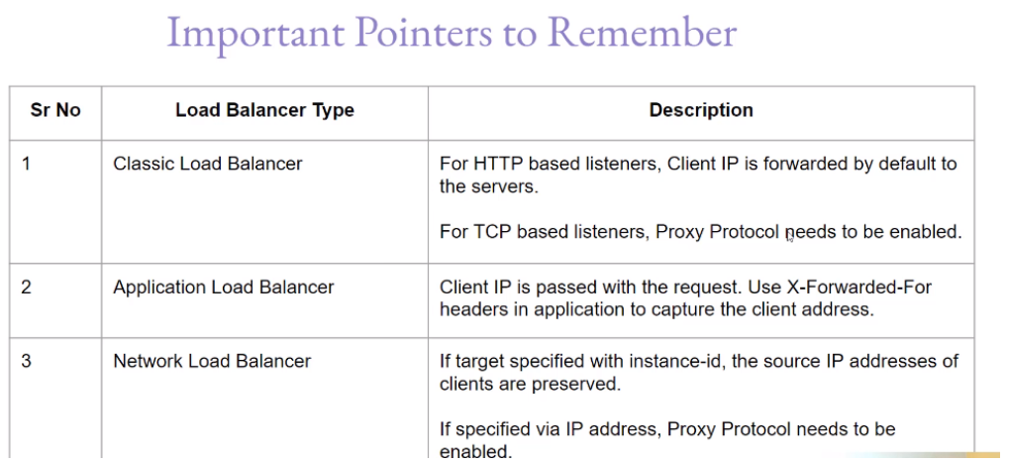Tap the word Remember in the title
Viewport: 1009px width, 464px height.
tap(642, 33)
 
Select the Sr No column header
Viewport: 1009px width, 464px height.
tap(55, 110)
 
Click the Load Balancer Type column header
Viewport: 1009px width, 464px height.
tap(264, 110)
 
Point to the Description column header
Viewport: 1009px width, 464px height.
tap(701, 110)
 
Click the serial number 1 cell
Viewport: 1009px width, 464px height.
tap(27, 164)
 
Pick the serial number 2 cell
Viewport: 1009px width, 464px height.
tap(27, 288)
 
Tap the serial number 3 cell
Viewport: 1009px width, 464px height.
tap(27, 362)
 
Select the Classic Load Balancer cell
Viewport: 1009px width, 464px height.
tap(208, 164)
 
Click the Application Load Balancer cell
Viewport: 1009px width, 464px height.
tap(224, 288)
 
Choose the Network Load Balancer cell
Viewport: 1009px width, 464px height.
tap(212, 362)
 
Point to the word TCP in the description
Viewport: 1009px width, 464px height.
tap(488, 233)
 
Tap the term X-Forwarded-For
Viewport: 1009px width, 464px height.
tap(870, 288)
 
